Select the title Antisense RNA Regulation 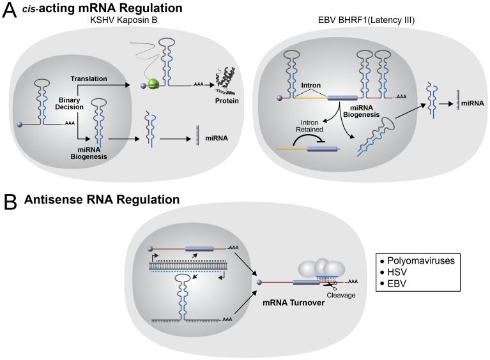tap(102, 200)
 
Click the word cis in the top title tap(33, 9)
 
